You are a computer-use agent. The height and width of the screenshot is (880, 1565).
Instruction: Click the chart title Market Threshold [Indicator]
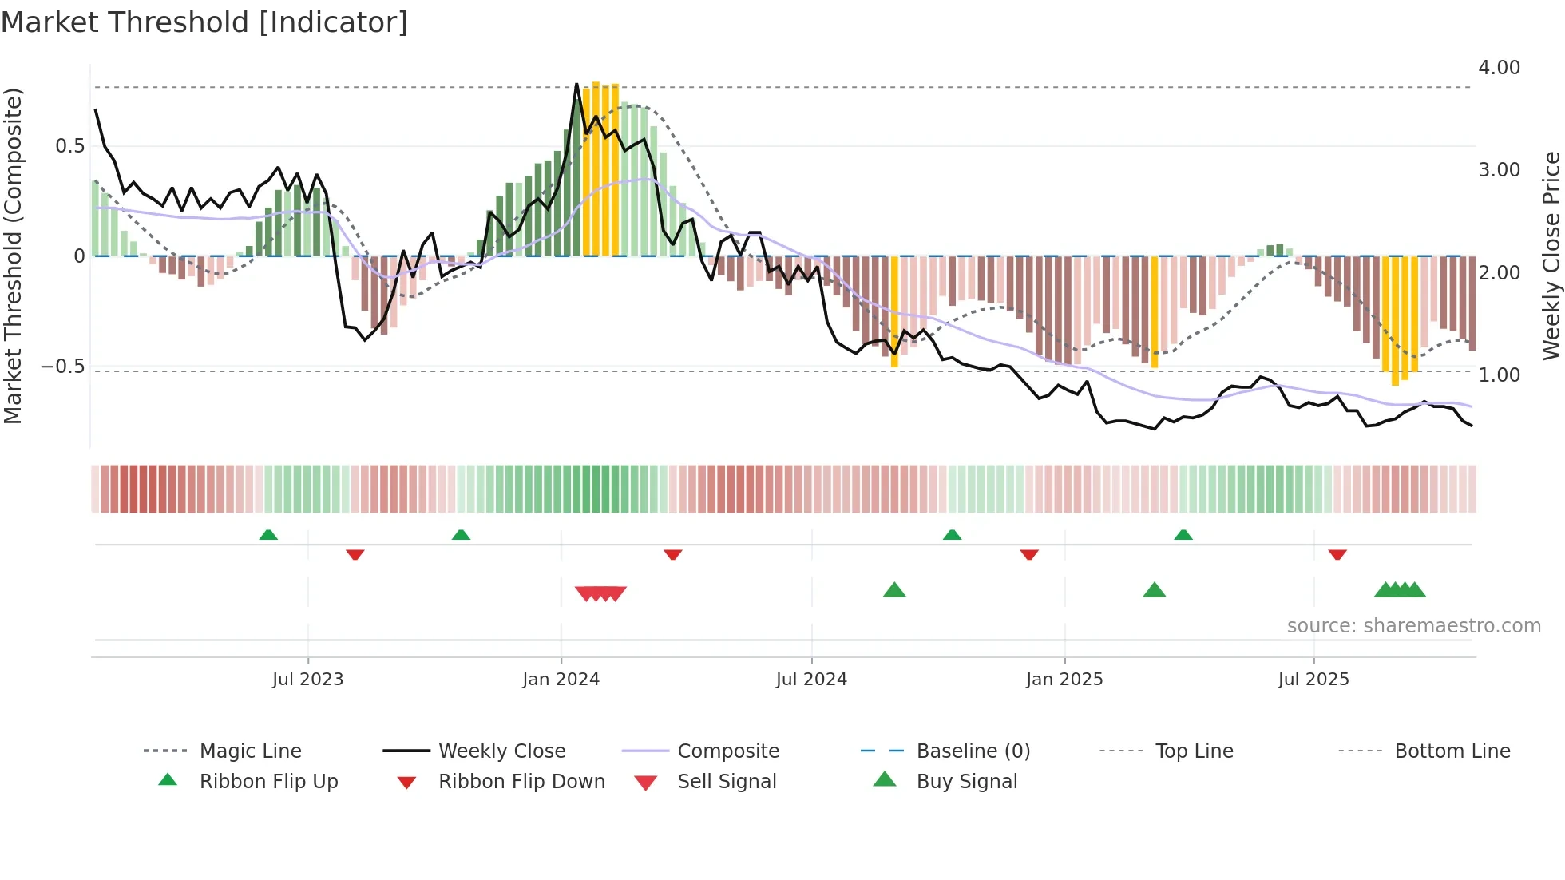(204, 22)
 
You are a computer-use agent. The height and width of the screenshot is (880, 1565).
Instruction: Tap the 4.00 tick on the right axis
(1499, 68)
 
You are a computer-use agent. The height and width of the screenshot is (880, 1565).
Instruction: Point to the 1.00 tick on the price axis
(1499, 375)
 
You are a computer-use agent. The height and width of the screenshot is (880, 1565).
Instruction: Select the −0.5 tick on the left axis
(62, 367)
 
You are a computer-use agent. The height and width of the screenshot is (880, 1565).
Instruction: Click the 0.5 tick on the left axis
(69, 146)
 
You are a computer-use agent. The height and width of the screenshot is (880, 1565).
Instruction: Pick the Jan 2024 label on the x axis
(561, 680)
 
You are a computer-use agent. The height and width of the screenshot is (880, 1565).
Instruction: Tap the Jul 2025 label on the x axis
(1313, 680)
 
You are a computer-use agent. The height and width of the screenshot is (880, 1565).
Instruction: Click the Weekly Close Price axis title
(1551, 256)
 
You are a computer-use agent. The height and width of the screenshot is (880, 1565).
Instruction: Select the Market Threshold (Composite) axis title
(13, 256)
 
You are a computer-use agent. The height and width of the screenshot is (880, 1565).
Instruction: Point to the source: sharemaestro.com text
(1413, 626)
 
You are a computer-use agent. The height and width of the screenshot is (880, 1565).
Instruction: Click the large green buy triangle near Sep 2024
(894, 590)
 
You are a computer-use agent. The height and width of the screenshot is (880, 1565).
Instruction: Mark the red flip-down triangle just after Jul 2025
(1337, 554)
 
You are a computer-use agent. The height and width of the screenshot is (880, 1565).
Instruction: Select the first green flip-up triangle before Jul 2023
(268, 535)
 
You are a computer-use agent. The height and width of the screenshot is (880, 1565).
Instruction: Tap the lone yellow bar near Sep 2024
(894, 311)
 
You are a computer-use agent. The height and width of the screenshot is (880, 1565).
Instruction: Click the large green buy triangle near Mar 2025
(1155, 590)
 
